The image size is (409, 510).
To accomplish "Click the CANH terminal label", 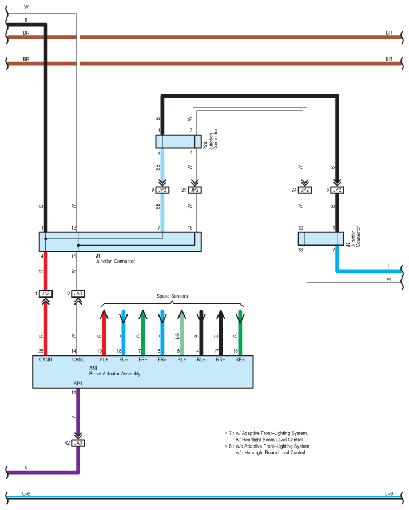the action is (x=46, y=359).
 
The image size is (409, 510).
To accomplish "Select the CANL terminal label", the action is (x=78, y=359).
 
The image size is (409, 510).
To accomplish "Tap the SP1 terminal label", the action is (x=78, y=384).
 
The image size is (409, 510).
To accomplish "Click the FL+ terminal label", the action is (x=104, y=359).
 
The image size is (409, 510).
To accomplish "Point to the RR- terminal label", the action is (x=240, y=359).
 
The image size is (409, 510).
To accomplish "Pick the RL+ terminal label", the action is (x=182, y=359).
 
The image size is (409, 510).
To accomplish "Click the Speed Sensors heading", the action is (x=172, y=296).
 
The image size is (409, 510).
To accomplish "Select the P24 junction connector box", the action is (x=178, y=141).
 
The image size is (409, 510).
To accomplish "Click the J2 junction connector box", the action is (x=321, y=239).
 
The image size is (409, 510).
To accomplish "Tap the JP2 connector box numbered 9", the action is (x=162, y=190).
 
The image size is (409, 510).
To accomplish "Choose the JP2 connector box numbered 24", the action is (x=305, y=190).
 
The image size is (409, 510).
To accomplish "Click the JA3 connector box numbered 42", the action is (x=78, y=443).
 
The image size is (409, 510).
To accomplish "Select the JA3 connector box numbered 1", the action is (x=46, y=294).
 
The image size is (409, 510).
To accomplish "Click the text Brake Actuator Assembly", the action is (x=115, y=374).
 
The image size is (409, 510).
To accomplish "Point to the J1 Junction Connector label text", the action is (x=115, y=259).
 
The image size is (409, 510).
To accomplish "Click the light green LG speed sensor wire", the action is (x=182, y=333).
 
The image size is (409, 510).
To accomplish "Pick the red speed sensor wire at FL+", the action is (x=104, y=333).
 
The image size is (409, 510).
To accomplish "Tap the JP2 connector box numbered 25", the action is (x=194, y=190).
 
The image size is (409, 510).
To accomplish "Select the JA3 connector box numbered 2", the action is (x=78, y=294).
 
